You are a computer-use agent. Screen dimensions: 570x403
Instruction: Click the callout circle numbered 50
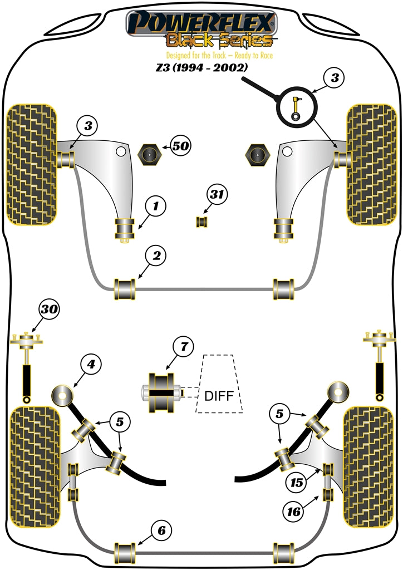click(180, 147)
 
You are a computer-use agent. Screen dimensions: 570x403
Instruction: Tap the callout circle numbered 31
click(217, 195)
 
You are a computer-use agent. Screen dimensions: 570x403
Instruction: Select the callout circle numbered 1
click(156, 207)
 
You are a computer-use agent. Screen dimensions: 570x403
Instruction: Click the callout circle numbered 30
click(50, 309)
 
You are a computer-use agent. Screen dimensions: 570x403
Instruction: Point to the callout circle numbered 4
click(91, 365)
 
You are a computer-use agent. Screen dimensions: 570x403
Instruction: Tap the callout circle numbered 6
click(161, 530)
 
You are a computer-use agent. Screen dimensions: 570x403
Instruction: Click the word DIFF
click(219, 396)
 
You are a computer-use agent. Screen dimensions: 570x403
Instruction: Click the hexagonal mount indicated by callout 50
click(149, 155)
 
